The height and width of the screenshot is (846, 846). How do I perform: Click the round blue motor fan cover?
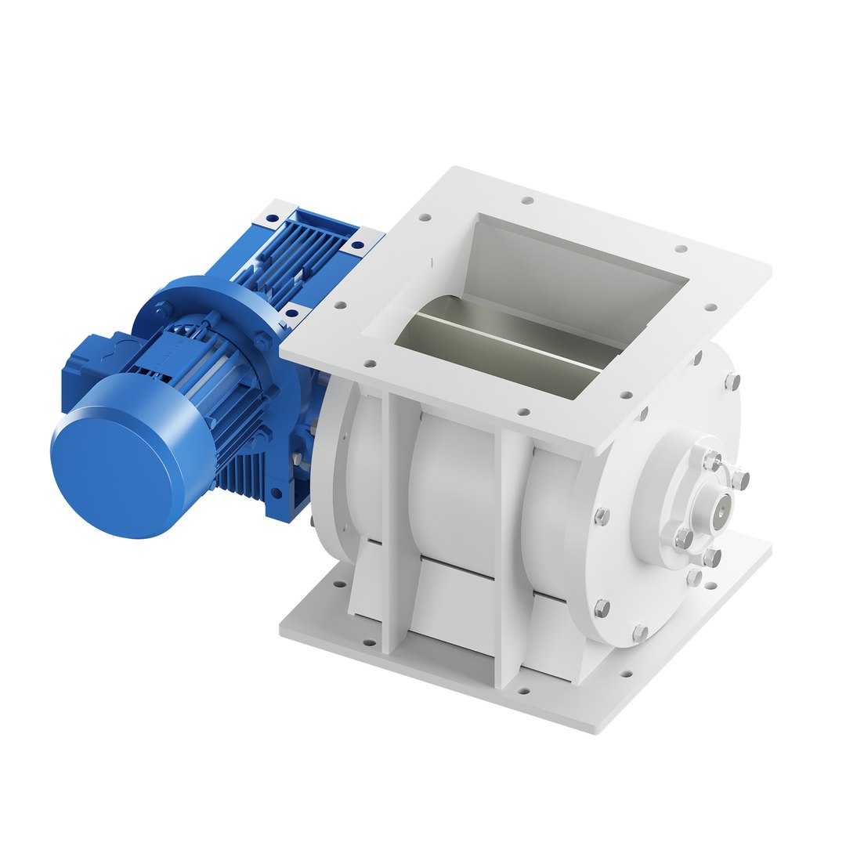[x=125, y=454]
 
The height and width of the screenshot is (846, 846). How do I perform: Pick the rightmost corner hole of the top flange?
[x=710, y=308]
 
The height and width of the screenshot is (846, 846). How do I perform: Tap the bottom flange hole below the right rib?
[x=522, y=692]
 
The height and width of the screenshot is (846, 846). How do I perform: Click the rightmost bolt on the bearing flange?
[x=741, y=477]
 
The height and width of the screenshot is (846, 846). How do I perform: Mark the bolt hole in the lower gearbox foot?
[x=276, y=493]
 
